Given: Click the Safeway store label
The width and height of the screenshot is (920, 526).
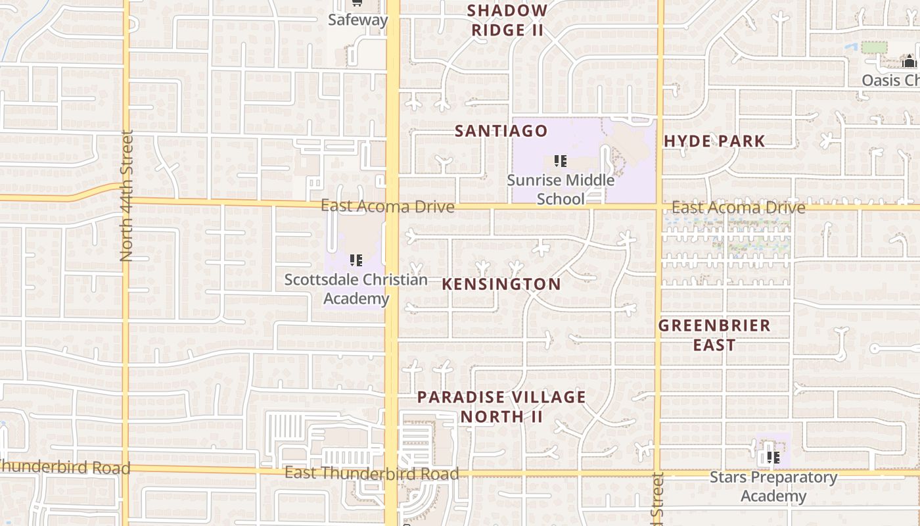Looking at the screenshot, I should pyautogui.click(x=357, y=20).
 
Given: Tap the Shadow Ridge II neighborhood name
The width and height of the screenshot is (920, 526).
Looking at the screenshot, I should pyautogui.click(x=507, y=20).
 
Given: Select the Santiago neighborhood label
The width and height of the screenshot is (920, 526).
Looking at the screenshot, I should pyautogui.click(x=501, y=131).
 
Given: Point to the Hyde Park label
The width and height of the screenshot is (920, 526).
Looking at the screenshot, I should pyautogui.click(x=714, y=141).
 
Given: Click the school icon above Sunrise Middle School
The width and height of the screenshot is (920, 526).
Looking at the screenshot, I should pyautogui.click(x=560, y=161).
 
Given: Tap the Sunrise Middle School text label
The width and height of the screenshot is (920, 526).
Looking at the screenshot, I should pyautogui.click(x=561, y=189).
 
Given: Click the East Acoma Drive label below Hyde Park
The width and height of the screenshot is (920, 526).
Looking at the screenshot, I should pyautogui.click(x=738, y=208).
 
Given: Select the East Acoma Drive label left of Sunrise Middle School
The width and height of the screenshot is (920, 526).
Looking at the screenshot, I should pyautogui.click(x=387, y=206).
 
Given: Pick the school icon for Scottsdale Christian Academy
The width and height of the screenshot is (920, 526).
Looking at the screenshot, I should pyautogui.click(x=356, y=260).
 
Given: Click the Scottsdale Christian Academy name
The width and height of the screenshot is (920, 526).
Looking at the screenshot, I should pyautogui.click(x=356, y=289).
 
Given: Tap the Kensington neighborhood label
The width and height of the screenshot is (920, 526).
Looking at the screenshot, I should pyautogui.click(x=501, y=284).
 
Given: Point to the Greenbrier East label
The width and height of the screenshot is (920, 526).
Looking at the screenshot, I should pyautogui.click(x=714, y=335).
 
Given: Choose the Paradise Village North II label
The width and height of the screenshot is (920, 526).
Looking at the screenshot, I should pyautogui.click(x=501, y=406).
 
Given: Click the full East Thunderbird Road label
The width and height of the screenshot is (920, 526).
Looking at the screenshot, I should pyautogui.click(x=371, y=473).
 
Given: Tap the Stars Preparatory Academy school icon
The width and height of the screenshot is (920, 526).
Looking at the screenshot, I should pyautogui.click(x=773, y=457).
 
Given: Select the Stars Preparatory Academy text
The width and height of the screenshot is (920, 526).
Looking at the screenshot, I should pyautogui.click(x=773, y=487).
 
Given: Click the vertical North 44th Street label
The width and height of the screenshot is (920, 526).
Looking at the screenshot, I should pyautogui.click(x=127, y=195).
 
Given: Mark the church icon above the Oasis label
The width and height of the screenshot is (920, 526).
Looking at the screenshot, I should pyautogui.click(x=909, y=62).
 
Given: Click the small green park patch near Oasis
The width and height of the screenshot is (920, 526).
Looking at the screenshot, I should pyautogui.click(x=873, y=47).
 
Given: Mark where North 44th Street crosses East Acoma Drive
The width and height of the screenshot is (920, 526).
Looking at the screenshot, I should pyautogui.click(x=126, y=199).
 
